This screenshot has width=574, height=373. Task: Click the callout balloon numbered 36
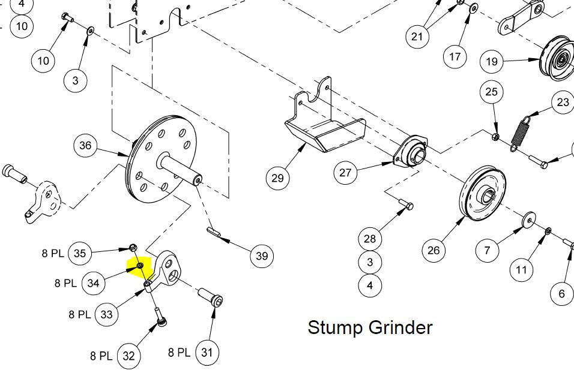pyautogui.click(x=85, y=146)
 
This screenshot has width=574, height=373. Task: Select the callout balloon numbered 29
pyautogui.click(x=277, y=178)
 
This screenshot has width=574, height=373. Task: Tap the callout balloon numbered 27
pyautogui.click(x=345, y=172)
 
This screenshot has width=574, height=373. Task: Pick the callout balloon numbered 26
pyautogui.click(x=434, y=250)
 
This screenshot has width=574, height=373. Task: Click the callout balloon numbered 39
pyautogui.click(x=262, y=256)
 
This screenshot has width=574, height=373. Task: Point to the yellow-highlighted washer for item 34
pyautogui.click(x=140, y=265)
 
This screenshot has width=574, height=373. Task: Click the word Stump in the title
pyautogui.click(x=334, y=327)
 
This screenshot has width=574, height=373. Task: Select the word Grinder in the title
pyautogui.click(x=400, y=327)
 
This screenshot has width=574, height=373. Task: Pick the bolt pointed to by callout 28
pyautogui.click(x=406, y=203)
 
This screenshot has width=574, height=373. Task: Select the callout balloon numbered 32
pyautogui.click(x=128, y=356)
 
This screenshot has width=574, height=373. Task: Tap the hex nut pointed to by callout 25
pyautogui.click(x=494, y=137)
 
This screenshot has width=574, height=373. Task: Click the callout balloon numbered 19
pyautogui.click(x=492, y=61)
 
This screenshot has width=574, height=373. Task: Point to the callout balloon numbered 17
pyautogui.click(x=455, y=57)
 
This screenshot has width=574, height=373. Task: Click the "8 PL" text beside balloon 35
pyautogui.click(x=53, y=253)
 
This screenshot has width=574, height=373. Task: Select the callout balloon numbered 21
pyautogui.click(x=417, y=37)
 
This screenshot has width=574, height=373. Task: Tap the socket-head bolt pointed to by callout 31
pyautogui.click(x=211, y=296)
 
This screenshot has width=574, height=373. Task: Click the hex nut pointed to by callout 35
pyautogui.click(x=133, y=247)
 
